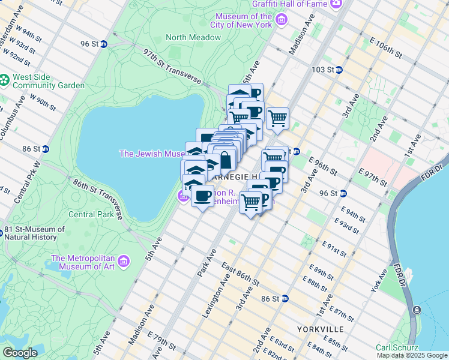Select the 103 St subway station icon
[x=339, y=70]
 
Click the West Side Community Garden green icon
[x=5, y=79]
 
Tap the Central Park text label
[x=91, y=214]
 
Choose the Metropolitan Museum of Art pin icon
[x=124, y=261]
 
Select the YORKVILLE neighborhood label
[x=320, y=329]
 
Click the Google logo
[x=20, y=353]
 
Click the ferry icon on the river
[x=417, y=310]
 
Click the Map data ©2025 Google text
[x=411, y=355]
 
